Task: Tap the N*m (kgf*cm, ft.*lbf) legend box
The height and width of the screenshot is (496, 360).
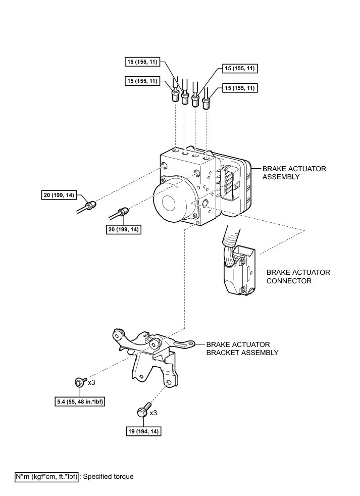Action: [47, 476]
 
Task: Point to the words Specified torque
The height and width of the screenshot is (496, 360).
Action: [108, 476]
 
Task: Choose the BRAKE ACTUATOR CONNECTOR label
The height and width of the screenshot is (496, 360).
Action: [298, 276]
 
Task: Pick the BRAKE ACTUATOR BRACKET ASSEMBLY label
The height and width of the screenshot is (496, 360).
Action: [242, 348]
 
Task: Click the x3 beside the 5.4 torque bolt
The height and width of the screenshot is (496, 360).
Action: [91, 382]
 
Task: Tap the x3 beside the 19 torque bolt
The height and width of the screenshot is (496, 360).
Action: [153, 412]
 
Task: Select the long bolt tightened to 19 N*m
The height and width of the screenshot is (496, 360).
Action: [143, 410]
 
